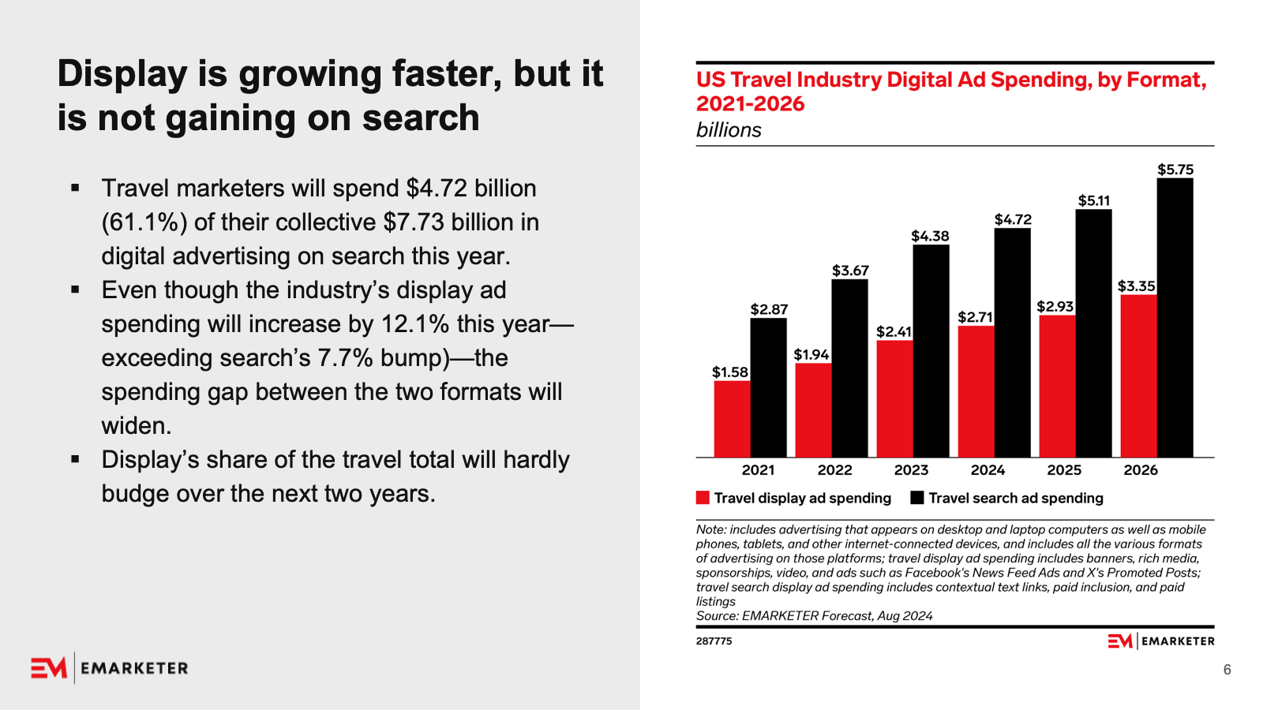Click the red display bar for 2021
(732, 419)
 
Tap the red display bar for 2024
(976, 391)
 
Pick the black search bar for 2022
(849, 368)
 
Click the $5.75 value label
(1175, 170)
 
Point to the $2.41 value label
(894, 332)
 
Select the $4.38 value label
(930, 236)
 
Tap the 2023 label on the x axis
(911, 470)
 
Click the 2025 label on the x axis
(1064, 470)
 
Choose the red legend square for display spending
(703, 498)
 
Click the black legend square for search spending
(917, 498)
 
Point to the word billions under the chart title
(729, 130)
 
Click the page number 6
(1227, 670)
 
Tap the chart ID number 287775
(714, 641)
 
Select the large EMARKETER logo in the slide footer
(110, 668)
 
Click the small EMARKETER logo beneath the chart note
(1161, 641)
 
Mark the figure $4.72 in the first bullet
(437, 189)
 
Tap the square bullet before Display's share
(75, 459)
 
